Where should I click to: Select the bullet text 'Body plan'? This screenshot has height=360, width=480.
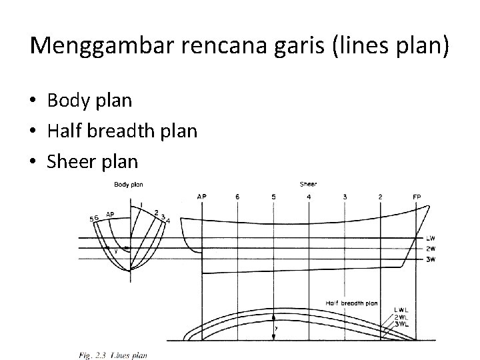89,101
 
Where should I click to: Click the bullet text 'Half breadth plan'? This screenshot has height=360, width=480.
122,131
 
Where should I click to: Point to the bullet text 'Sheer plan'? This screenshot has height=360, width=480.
93,161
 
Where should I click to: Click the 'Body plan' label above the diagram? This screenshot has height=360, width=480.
128,185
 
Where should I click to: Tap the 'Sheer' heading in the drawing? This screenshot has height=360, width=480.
308,185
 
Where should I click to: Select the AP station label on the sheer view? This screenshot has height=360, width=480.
202,197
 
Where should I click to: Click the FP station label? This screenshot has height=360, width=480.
417,197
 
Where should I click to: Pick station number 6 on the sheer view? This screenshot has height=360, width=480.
237,197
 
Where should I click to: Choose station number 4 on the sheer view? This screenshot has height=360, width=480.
309,197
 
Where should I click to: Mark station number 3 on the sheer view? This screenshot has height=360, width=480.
345,197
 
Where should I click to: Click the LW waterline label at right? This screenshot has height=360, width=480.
430,238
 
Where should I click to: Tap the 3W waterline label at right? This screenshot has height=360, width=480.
430,258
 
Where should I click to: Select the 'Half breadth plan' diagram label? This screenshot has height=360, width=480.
352,303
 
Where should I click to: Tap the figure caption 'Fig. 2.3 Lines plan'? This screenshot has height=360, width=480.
112,355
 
